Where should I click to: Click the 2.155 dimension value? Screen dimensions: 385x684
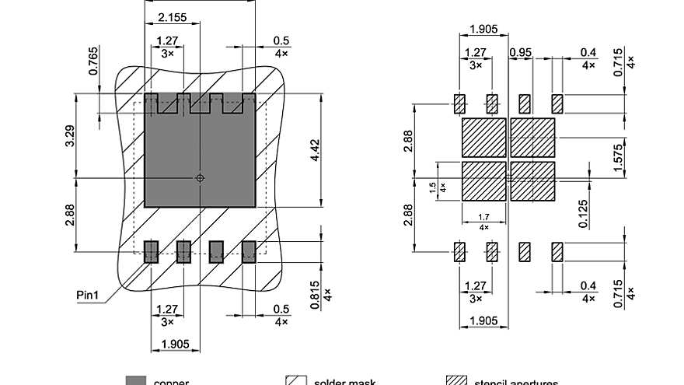[x=170, y=16]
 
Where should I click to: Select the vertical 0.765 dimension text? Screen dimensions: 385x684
[x=93, y=61]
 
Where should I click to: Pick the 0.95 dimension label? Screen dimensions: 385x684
[x=520, y=53]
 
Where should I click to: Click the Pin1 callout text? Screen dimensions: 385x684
[x=89, y=295]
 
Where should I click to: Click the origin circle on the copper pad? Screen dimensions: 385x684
[x=200, y=178]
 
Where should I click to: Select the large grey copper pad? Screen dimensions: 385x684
[x=200, y=156]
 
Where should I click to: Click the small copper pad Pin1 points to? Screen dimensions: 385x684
[x=151, y=251]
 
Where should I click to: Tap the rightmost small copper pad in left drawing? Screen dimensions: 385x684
[x=249, y=251]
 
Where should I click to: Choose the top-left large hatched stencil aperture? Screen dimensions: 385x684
[x=483, y=138]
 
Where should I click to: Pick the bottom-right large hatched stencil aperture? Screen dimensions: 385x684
[x=532, y=180]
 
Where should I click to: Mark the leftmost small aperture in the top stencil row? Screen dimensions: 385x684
[x=459, y=103]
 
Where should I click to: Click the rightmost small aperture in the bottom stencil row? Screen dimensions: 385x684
[x=557, y=251]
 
